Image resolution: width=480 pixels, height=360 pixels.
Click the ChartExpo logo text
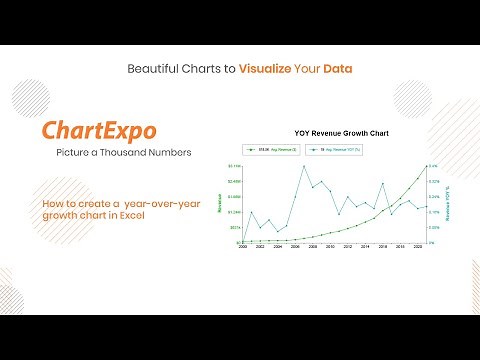[99, 132]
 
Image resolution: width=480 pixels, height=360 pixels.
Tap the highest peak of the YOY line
[303, 166]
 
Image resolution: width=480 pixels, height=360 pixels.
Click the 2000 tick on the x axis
[241, 246]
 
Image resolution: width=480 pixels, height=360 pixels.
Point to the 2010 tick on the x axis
[330, 246]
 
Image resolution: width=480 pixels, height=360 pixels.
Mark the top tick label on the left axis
[233, 166]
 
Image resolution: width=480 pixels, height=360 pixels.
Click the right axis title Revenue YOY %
[448, 203]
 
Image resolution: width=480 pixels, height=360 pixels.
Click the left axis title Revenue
[220, 203]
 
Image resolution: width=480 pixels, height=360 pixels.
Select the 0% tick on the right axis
[433, 242]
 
